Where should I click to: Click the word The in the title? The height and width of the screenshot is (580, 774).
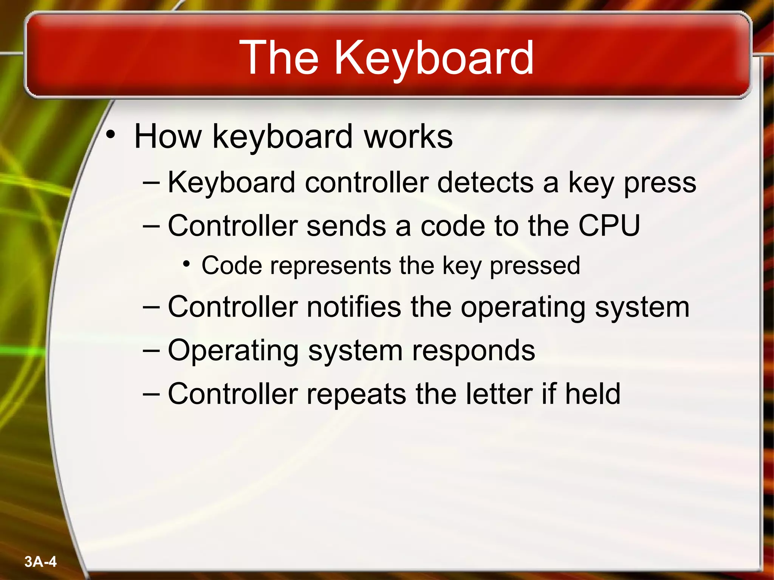[x=279, y=59]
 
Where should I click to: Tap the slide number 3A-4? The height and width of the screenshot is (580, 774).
[x=40, y=561]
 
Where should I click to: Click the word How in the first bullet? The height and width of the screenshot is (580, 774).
[x=168, y=137]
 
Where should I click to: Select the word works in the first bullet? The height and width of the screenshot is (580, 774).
[x=408, y=137]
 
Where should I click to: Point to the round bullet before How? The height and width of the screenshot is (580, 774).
[x=110, y=134]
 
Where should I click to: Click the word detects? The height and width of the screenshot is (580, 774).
[x=485, y=183]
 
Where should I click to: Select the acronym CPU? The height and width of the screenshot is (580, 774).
[x=609, y=226]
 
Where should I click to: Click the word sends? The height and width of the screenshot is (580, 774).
[x=346, y=226]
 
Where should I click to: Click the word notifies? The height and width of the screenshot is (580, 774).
[x=354, y=307]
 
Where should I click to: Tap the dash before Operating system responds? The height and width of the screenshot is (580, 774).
[x=152, y=350]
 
